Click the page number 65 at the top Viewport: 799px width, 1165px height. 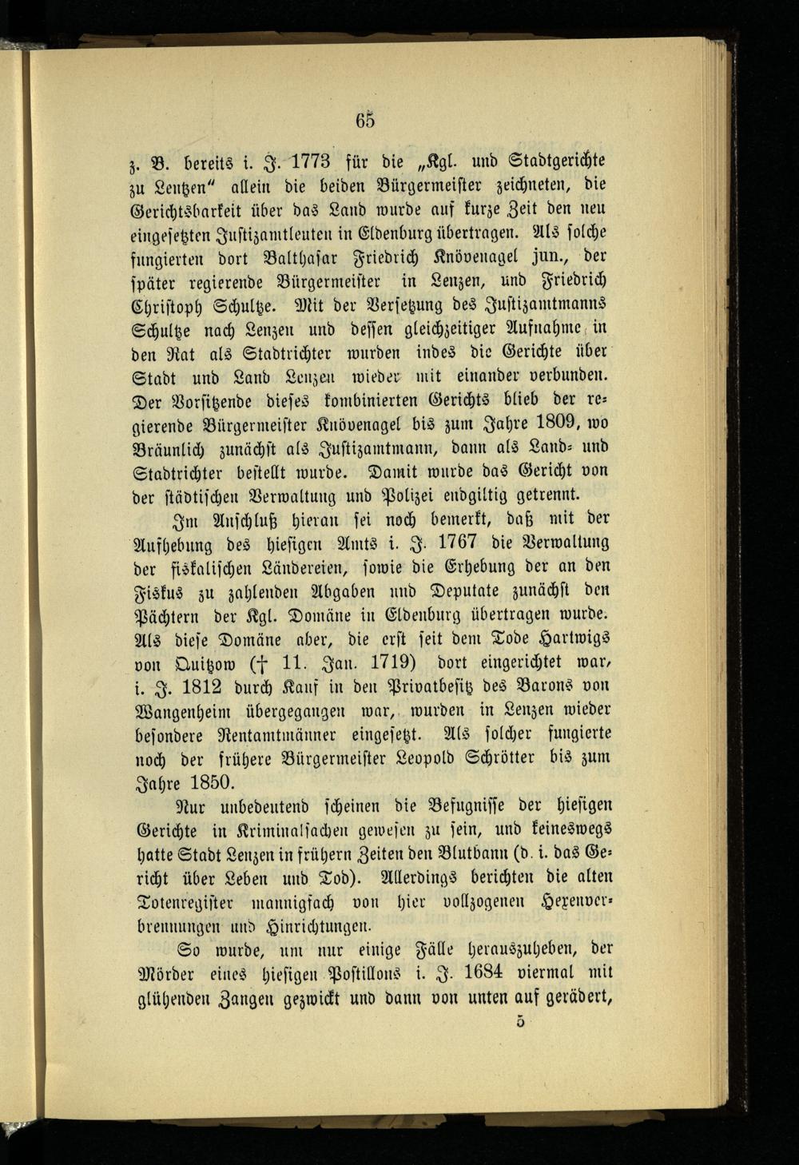pyautogui.click(x=365, y=120)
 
